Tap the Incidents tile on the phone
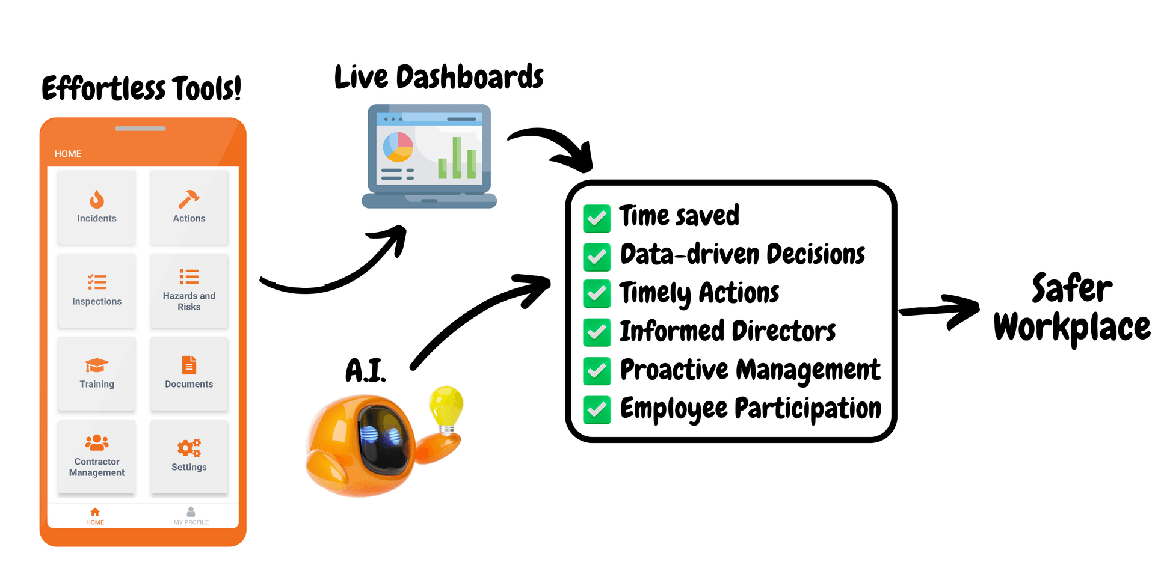[x=97, y=207]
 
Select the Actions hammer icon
[x=189, y=199]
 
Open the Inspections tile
[x=97, y=291]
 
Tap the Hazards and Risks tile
[x=189, y=291]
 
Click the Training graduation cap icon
[x=97, y=365]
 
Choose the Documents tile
[x=189, y=374]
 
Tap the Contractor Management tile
[x=97, y=457]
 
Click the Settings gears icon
[x=189, y=448]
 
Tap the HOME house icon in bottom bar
[x=95, y=512]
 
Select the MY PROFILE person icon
[x=191, y=511]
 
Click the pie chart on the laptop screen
[x=398, y=147]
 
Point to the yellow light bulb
[x=446, y=409]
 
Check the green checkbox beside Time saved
[x=597, y=218]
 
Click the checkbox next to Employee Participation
[x=597, y=410]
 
